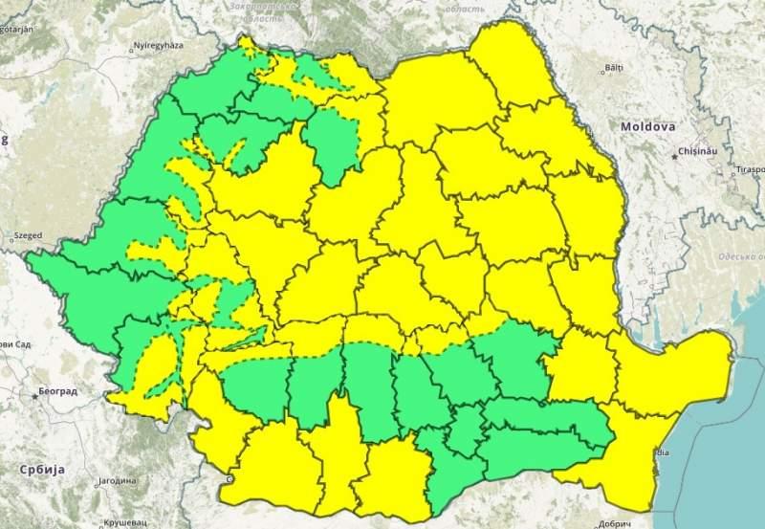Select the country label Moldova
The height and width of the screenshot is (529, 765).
coord(647,126)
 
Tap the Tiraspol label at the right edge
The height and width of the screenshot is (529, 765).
coord(750,169)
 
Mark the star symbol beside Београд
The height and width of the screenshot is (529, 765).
coord(36,394)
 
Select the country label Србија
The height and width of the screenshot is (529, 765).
coord(42,470)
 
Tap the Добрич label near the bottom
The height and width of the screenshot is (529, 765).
coord(612,523)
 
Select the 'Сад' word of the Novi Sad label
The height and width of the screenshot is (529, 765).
coord(20,343)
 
